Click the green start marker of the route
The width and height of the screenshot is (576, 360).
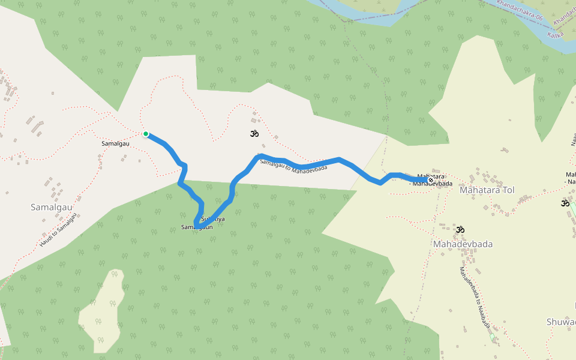[x=145, y=134]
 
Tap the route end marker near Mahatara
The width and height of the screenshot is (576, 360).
[x=430, y=180]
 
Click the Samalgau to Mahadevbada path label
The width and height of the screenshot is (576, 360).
[x=293, y=165]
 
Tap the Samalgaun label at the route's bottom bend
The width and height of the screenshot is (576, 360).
[x=197, y=227]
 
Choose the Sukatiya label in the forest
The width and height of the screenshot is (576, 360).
[x=214, y=219]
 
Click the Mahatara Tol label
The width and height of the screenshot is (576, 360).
[x=487, y=190]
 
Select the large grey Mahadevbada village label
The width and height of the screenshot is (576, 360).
[x=463, y=244]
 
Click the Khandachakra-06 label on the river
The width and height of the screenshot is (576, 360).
[x=520, y=11]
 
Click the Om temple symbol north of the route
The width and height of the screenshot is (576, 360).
[x=254, y=133]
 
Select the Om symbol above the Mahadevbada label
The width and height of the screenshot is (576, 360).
[x=460, y=229]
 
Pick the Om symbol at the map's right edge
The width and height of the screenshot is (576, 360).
[x=565, y=203]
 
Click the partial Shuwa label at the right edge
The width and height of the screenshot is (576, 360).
[x=561, y=322]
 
